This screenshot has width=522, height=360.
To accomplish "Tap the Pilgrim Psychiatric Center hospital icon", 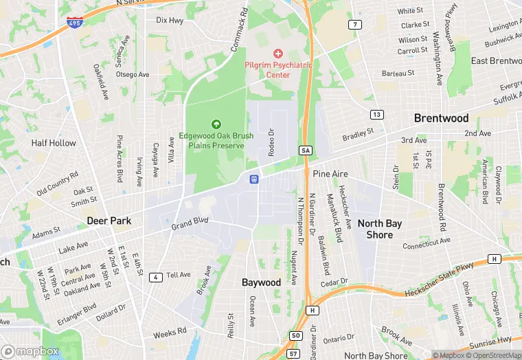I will point(278,54).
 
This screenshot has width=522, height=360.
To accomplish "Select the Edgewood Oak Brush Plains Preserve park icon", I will point(216,124).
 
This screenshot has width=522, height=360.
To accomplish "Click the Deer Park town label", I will point(109,221).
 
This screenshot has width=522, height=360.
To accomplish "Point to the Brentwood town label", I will point(441,118).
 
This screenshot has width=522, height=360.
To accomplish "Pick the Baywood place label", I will point(261,282).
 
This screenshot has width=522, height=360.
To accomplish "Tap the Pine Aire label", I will point(330,175).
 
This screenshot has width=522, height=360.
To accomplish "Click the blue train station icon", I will point(253,179).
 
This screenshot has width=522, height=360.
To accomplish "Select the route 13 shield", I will point(377,114).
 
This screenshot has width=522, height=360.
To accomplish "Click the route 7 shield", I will point(355,25).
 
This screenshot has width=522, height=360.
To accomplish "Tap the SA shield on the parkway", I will point(306,150).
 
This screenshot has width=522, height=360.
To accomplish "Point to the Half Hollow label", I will point(54,143).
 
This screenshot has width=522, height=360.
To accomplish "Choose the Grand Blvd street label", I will point(190,224).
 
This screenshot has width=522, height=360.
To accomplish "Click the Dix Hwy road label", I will point(170,21).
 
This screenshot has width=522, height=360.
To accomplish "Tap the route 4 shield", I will point(157,277).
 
